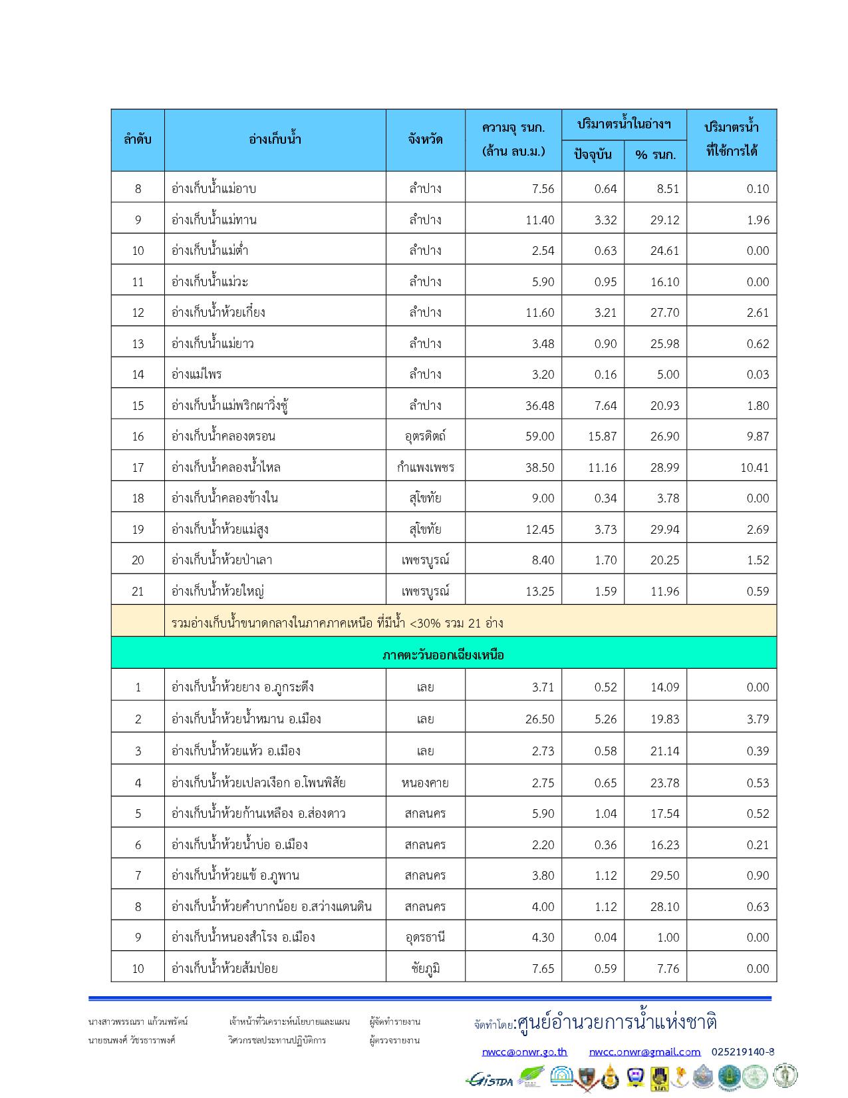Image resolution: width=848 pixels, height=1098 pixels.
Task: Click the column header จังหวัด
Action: coord(425,140)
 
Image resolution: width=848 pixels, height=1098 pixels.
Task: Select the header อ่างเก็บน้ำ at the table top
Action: coord(275,140)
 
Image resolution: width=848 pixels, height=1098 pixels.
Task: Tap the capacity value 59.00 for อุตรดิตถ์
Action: coord(539,437)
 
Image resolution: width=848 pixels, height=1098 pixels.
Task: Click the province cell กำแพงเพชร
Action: coord(425,467)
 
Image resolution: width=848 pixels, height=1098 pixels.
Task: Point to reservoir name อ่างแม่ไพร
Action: coord(197,374)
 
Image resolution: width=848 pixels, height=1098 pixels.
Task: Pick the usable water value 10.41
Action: coord(754,467)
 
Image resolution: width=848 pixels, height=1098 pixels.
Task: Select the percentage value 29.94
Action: coord(664,529)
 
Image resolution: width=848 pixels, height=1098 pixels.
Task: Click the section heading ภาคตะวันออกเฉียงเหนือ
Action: coord(443,655)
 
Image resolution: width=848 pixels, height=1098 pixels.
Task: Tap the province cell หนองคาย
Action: coord(425,783)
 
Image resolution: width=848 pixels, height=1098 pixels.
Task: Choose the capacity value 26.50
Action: coord(539,719)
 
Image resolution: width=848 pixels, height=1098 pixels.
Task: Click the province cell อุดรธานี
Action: coord(425,937)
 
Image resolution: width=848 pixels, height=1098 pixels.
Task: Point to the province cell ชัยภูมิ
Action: coord(425,968)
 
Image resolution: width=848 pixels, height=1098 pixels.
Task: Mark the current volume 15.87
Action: coord(603,437)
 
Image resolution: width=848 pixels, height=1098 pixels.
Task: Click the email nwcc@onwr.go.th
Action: coord(525,1052)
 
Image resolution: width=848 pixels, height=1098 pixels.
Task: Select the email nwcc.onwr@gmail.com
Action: coord(644,1052)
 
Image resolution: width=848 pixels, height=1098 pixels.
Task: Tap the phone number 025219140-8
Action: coord(743,1052)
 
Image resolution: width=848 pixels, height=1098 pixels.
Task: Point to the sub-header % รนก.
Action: coord(655,155)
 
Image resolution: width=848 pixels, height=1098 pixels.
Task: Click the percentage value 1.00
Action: coord(668,937)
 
